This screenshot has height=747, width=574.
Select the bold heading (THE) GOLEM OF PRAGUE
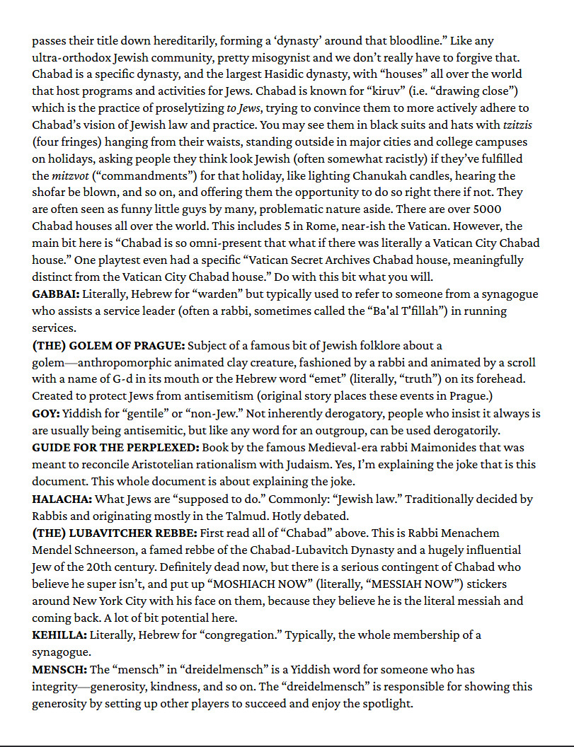(108, 345)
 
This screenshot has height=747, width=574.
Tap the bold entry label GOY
(46, 413)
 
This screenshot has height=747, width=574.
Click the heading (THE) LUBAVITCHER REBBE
(115, 533)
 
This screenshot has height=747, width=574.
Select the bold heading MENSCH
(59, 669)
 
